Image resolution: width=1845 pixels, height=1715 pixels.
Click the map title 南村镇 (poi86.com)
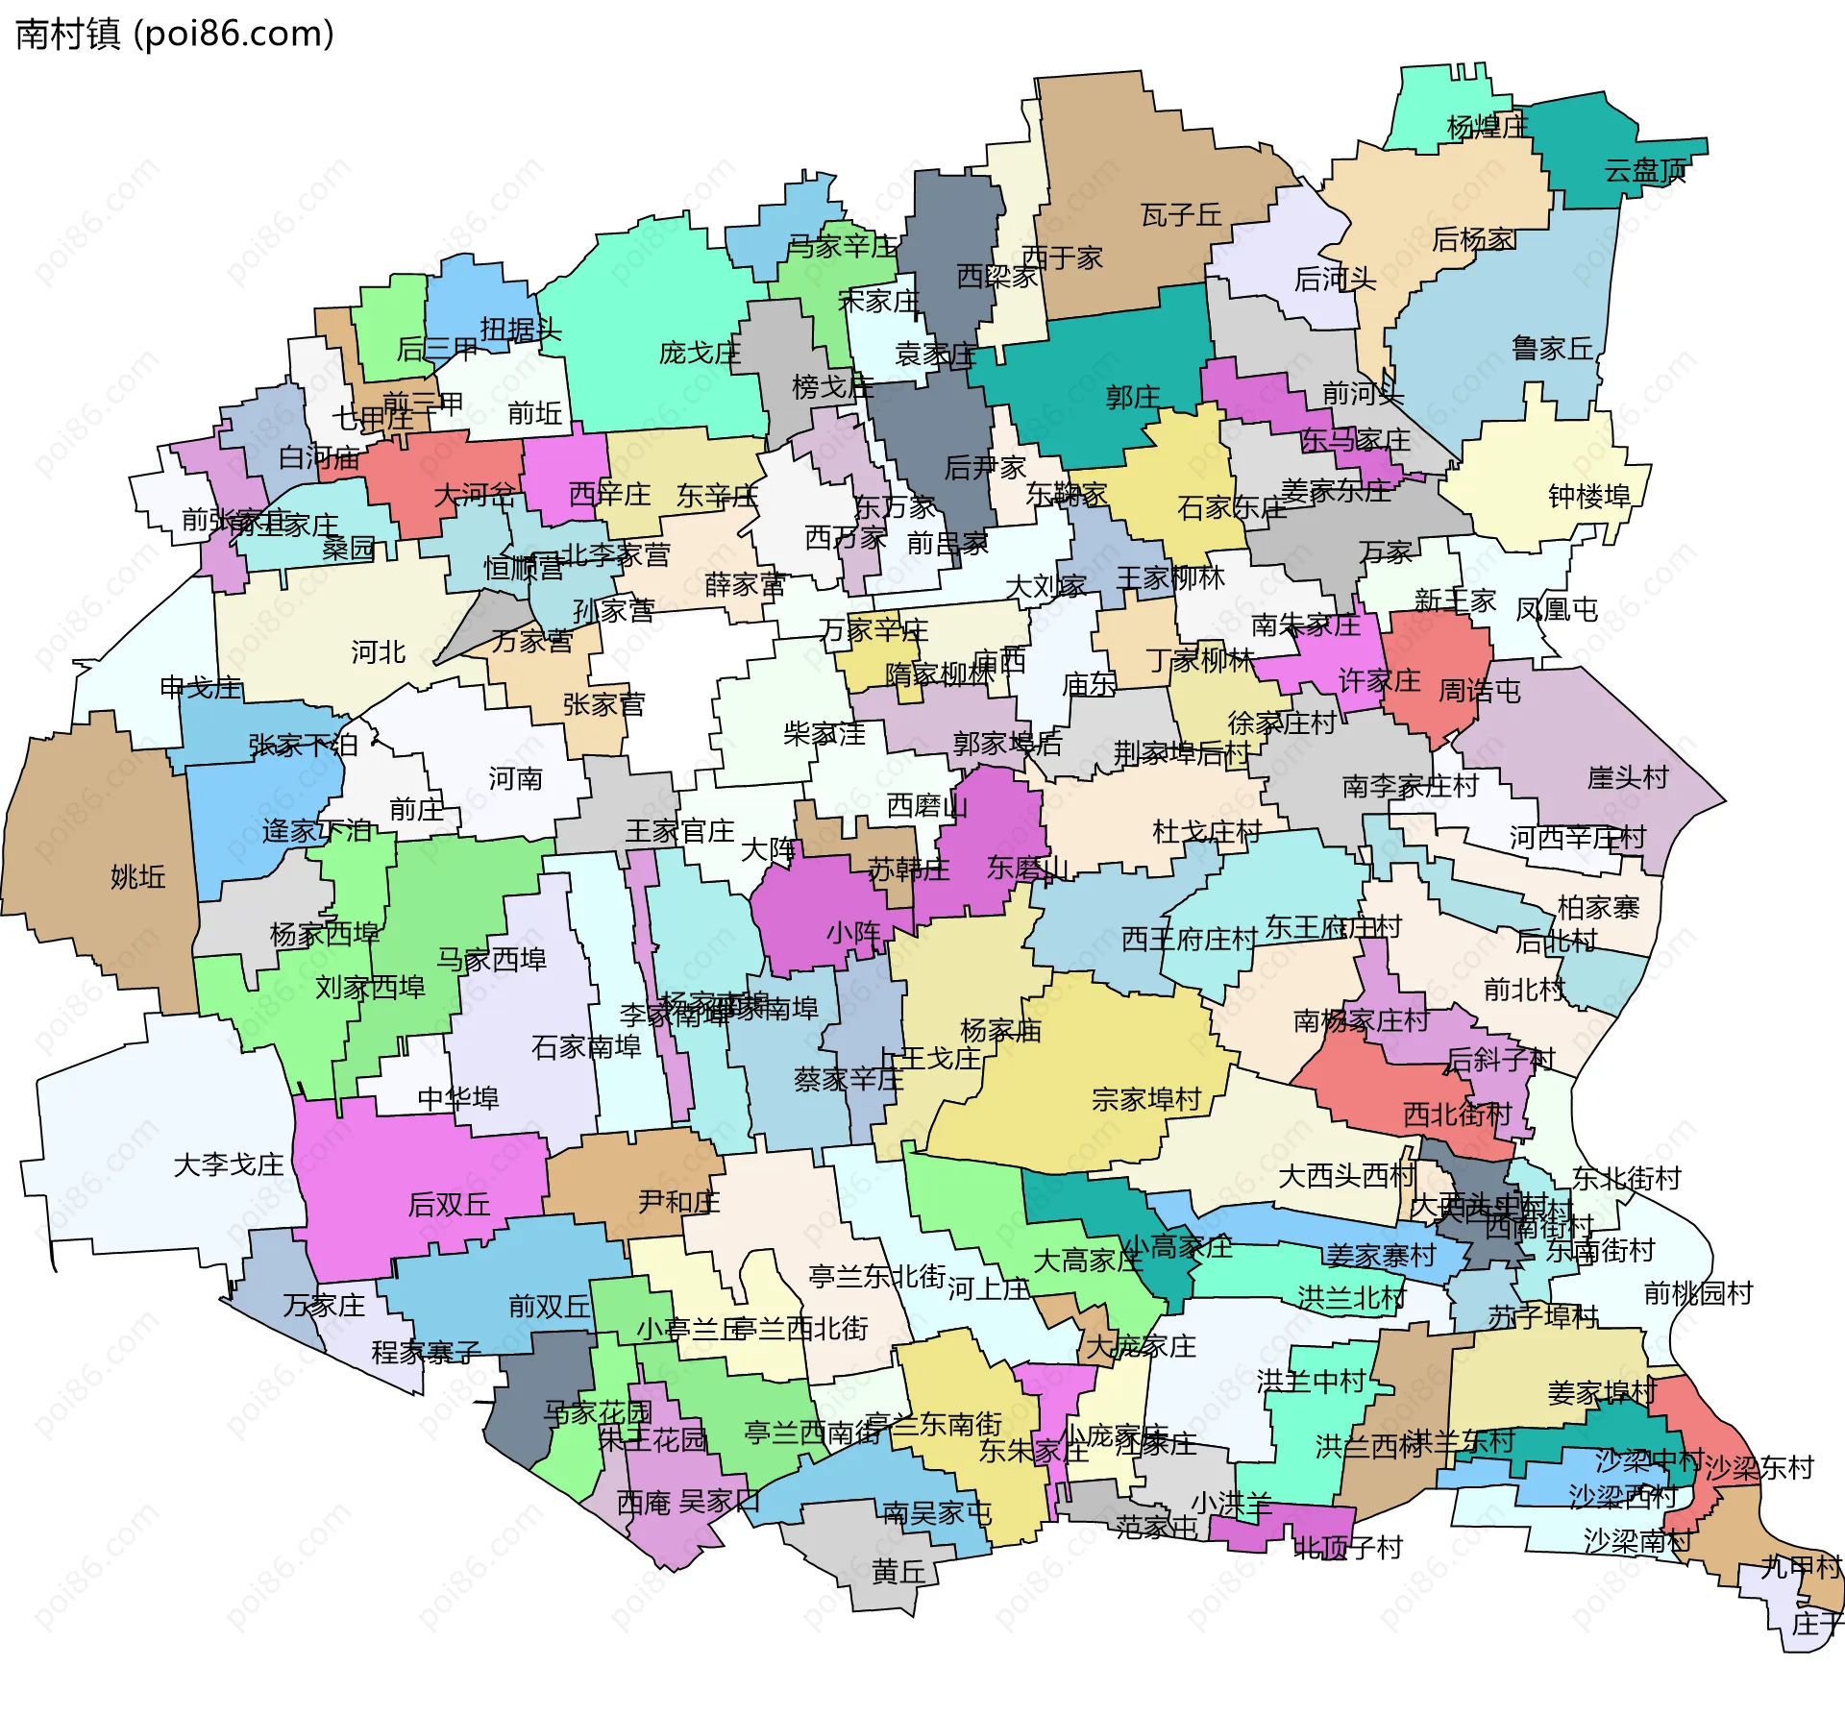[x=175, y=35]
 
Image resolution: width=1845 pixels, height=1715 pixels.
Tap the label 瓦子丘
[x=1180, y=215]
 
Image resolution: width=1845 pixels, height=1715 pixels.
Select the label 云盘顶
[x=1644, y=171]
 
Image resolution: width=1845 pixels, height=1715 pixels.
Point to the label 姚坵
[x=137, y=876]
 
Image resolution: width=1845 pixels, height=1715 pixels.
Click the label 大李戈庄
[x=228, y=1165]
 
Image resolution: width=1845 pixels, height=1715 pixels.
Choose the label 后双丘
[x=449, y=1204]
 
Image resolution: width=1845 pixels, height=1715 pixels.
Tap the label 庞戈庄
[x=699, y=353]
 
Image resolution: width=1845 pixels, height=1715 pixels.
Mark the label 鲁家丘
[x=1551, y=348]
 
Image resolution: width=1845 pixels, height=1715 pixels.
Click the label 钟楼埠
[x=1589, y=496]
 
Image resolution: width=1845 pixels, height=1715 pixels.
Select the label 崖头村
[x=1627, y=777]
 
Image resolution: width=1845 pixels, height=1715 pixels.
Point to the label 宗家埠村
[x=1145, y=1099]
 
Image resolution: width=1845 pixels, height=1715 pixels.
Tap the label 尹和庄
[x=678, y=1202]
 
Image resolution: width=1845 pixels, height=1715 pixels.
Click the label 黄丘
[x=898, y=1572]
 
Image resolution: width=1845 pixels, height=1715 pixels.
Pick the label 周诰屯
[x=1479, y=691]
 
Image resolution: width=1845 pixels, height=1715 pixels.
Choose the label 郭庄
[x=1132, y=397]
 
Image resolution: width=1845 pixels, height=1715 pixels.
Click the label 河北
[x=378, y=652]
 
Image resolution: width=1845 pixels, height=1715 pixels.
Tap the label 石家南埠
[x=585, y=1046]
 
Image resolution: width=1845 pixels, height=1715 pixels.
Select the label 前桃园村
[x=1697, y=1293]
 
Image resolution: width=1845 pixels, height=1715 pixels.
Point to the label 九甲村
[x=1799, y=1567]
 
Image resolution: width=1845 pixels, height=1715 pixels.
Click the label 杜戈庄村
[x=1207, y=831]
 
